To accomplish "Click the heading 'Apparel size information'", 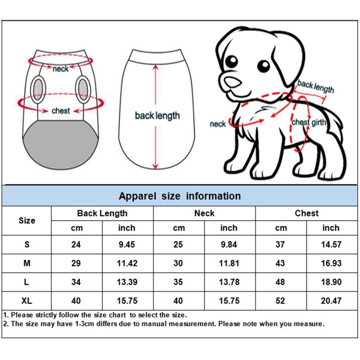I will point(180,196).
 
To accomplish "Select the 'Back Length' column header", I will point(102,213).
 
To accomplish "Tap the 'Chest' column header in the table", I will point(306,213).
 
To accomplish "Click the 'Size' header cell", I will point(27,220).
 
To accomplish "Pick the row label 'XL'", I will point(27,301).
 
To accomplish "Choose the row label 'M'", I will point(27,263).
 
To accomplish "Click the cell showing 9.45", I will point(127,245).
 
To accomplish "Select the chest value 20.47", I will point(331,301).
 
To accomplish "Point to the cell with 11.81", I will point(229,263).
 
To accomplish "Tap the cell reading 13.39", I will point(127,282).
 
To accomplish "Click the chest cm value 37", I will point(280,245).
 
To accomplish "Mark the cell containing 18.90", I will point(331,282).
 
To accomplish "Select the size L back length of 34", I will point(76,282).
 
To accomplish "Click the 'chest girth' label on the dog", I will point(306,122).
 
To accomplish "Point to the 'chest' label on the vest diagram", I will point(60,111).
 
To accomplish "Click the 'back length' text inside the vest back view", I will point(157,116).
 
